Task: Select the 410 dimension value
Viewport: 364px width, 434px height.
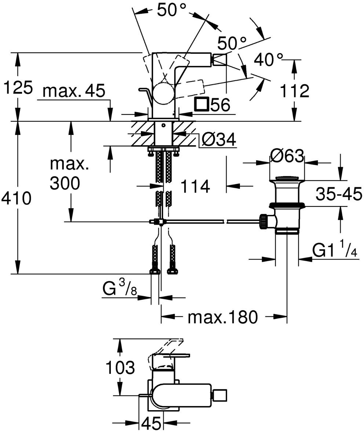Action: (x=16, y=198)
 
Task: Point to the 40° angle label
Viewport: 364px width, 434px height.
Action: (x=269, y=59)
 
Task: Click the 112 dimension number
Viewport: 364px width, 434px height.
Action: (x=294, y=91)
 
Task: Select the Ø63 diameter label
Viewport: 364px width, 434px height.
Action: (x=287, y=155)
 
